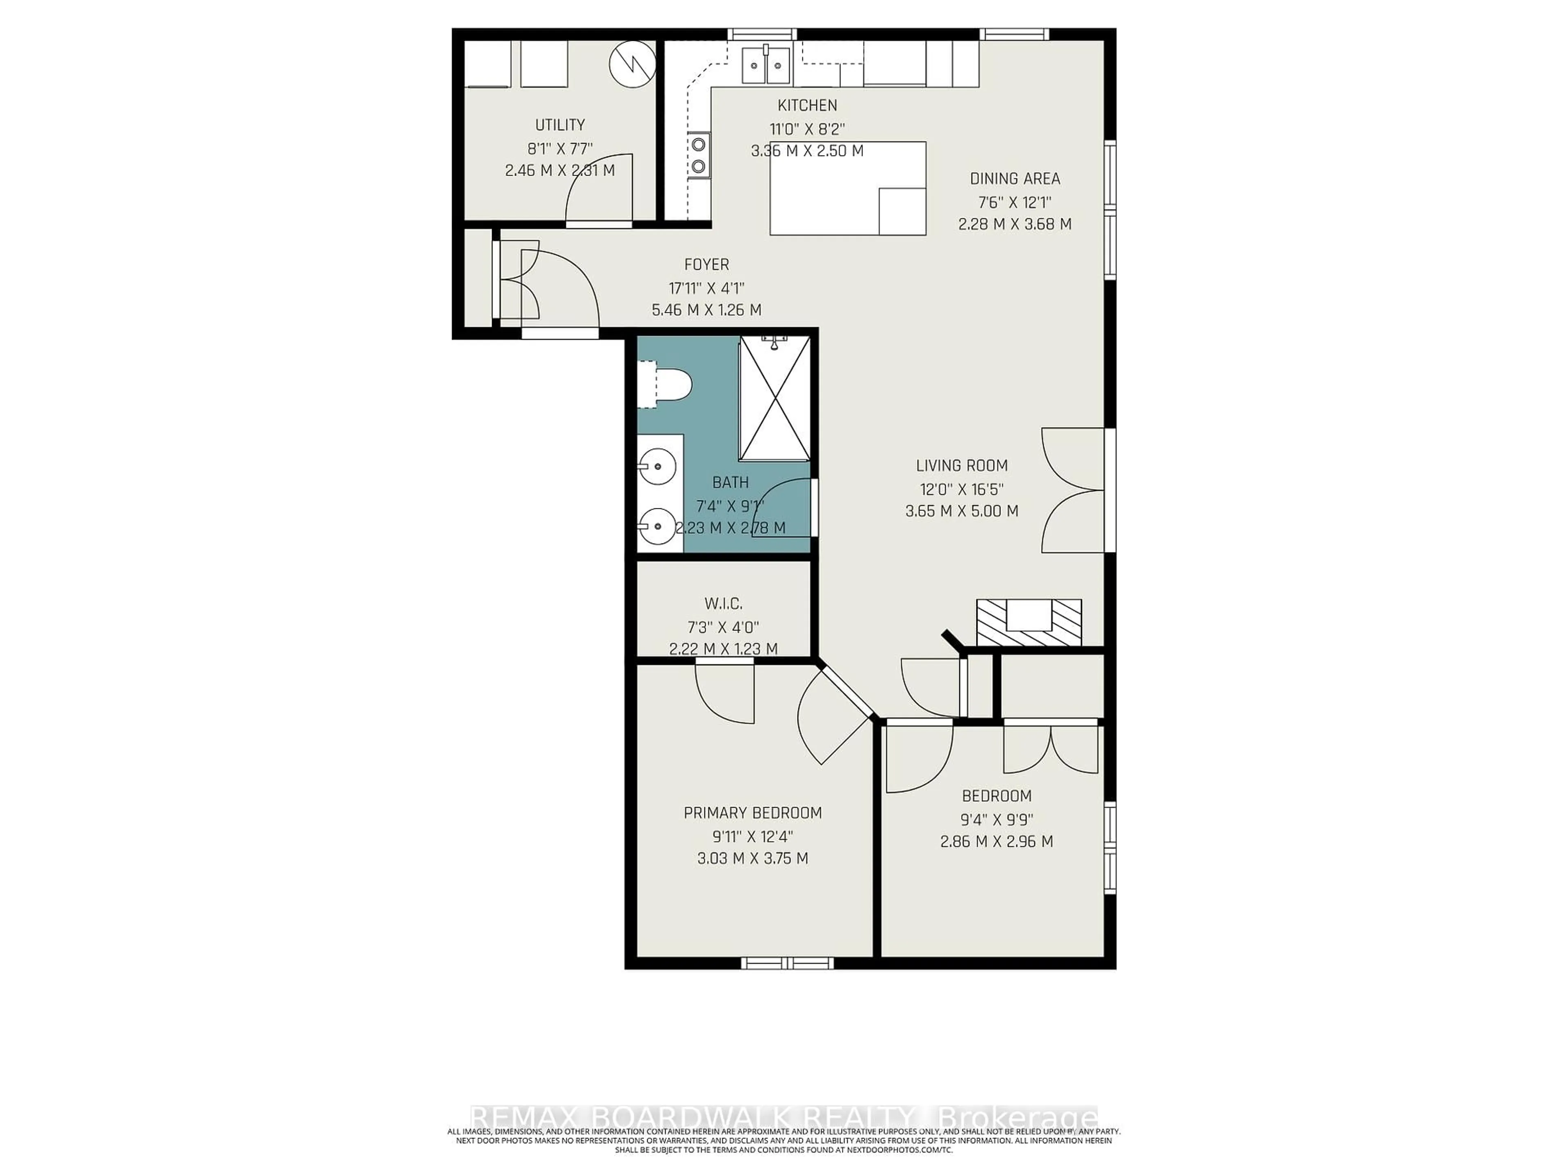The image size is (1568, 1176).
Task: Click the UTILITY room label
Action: click(x=559, y=125)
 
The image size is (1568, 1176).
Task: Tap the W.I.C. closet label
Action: click(x=723, y=604)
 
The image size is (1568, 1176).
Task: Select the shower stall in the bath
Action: click(x=774, y=399)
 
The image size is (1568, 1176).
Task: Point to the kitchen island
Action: click(x=848, y=188)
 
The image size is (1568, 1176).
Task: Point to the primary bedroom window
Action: click(x=787, y=962)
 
